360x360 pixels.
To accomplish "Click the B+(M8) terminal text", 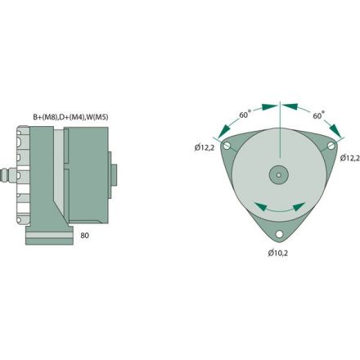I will click(46, 117).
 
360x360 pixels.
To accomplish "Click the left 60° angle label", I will click(244, 116).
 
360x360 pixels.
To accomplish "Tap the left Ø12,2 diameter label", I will click(206, 148).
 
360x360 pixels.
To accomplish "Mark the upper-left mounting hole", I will click(232, 146).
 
